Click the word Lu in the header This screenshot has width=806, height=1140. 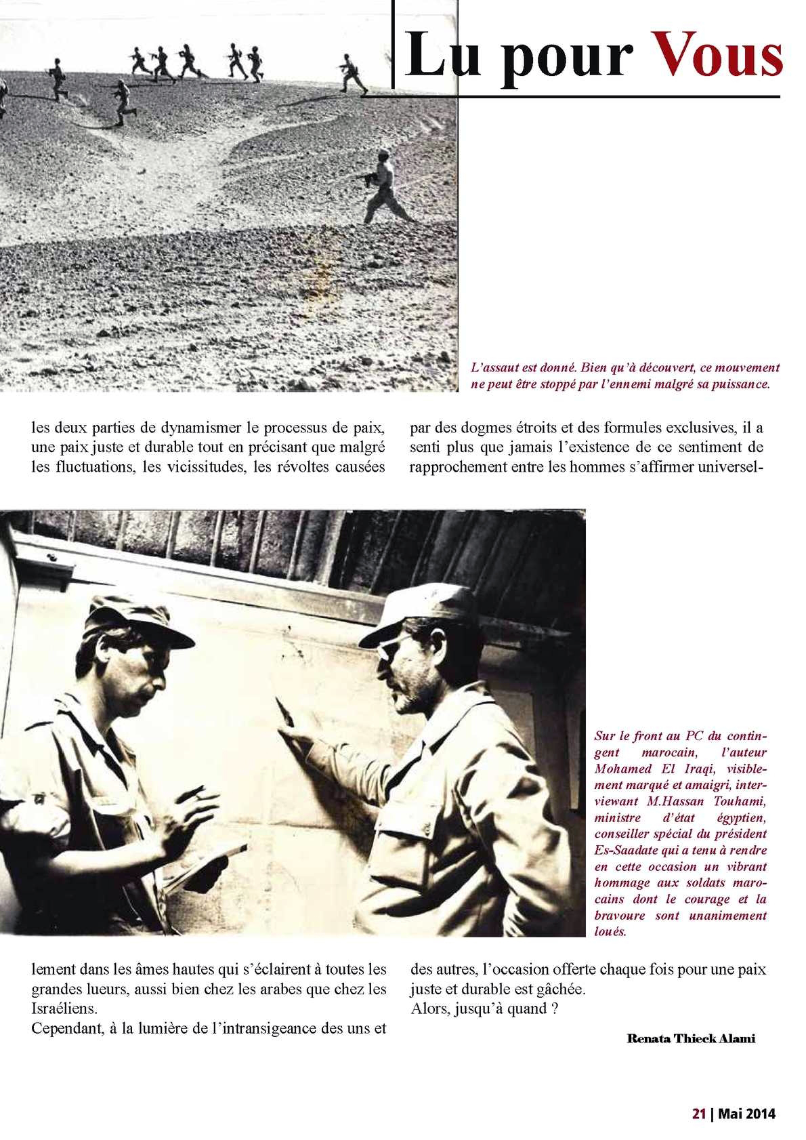point(433,57)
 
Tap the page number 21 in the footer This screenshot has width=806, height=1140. point(698,1114)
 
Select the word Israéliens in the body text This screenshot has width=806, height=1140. point(64,1009)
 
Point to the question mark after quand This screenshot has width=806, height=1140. point(554,1009)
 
